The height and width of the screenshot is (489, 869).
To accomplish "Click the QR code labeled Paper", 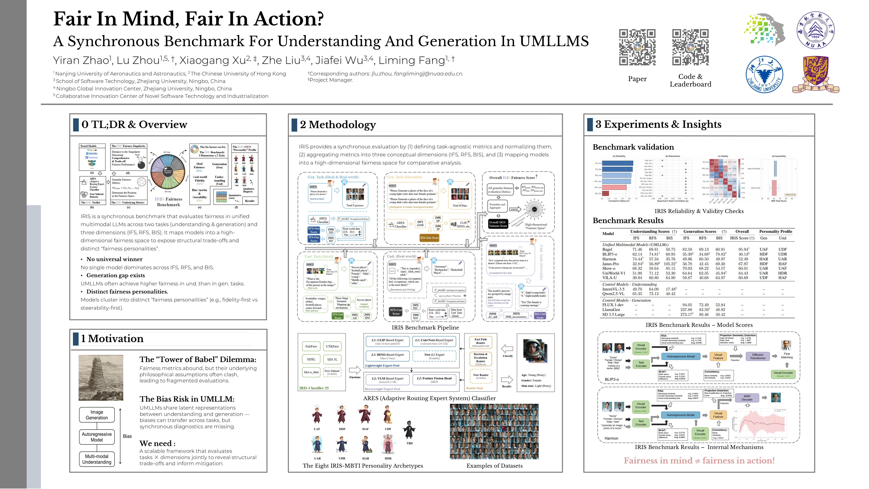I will [x=637, y=47].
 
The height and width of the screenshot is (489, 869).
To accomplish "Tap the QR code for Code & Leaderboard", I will [x=690, y=47].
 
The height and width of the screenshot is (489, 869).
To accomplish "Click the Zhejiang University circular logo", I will [x=764, y=74].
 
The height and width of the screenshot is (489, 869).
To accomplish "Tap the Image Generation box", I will [x=97, y=415].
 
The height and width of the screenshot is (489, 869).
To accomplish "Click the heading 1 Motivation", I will [x=112, y=339].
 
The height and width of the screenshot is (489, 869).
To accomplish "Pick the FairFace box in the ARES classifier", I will [x=311, y=346].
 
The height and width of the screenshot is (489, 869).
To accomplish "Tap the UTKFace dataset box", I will [x=332, y=346].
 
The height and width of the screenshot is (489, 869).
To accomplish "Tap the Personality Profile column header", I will [x=775, y=231].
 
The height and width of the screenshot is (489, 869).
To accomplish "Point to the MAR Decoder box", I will [x=747, y=398].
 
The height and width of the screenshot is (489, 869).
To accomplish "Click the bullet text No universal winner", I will [x=114, y=259].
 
